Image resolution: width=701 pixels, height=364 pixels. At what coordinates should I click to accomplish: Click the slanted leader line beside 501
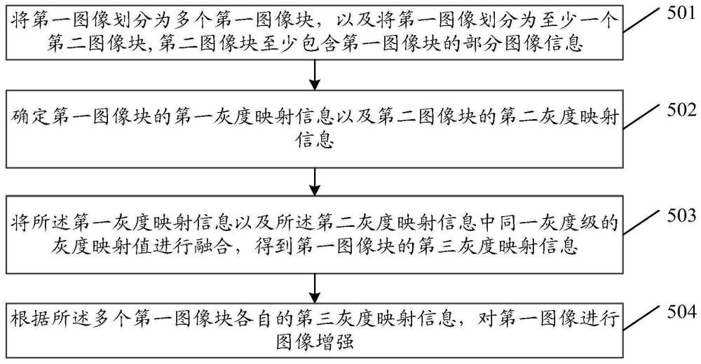click(644, 22)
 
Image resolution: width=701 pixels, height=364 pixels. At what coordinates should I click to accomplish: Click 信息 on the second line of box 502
click(315, 141)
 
